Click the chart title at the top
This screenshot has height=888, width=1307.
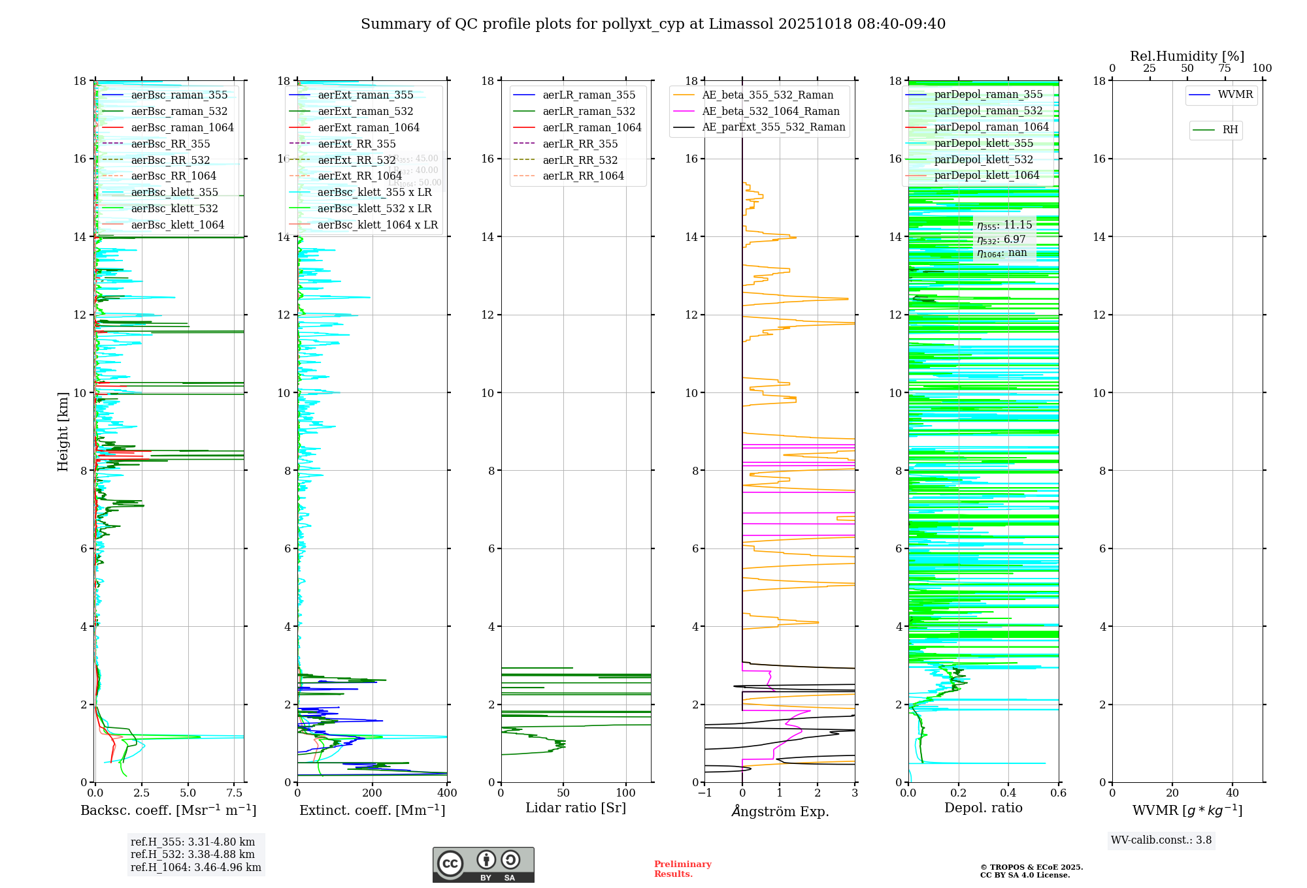point(653,24)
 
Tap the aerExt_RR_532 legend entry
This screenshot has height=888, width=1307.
point(356,160)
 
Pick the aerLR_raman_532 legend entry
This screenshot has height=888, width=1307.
point(588,112)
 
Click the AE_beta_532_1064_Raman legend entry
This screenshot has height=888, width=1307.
point(770,112)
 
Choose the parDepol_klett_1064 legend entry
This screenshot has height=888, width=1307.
point(986,176)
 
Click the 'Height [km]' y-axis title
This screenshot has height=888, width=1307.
point(63,432)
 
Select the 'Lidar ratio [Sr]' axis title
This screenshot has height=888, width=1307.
point(576,808)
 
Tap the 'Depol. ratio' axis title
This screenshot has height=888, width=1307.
point(983,808)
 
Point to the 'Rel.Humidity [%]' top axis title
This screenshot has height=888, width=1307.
point(1187,56)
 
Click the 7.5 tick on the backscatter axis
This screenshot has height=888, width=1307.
point(235,793)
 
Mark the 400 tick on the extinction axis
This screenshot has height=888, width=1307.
point(447,793)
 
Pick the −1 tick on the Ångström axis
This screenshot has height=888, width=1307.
point(704,793)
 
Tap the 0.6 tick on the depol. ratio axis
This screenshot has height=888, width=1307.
point(1058,793)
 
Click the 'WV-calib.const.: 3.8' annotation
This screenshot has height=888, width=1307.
point(1161,840)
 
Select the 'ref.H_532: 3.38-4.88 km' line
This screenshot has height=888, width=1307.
point(193,855)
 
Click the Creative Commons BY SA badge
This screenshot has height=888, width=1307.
point(483,865)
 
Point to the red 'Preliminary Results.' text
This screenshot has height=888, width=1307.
point(682,869)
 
